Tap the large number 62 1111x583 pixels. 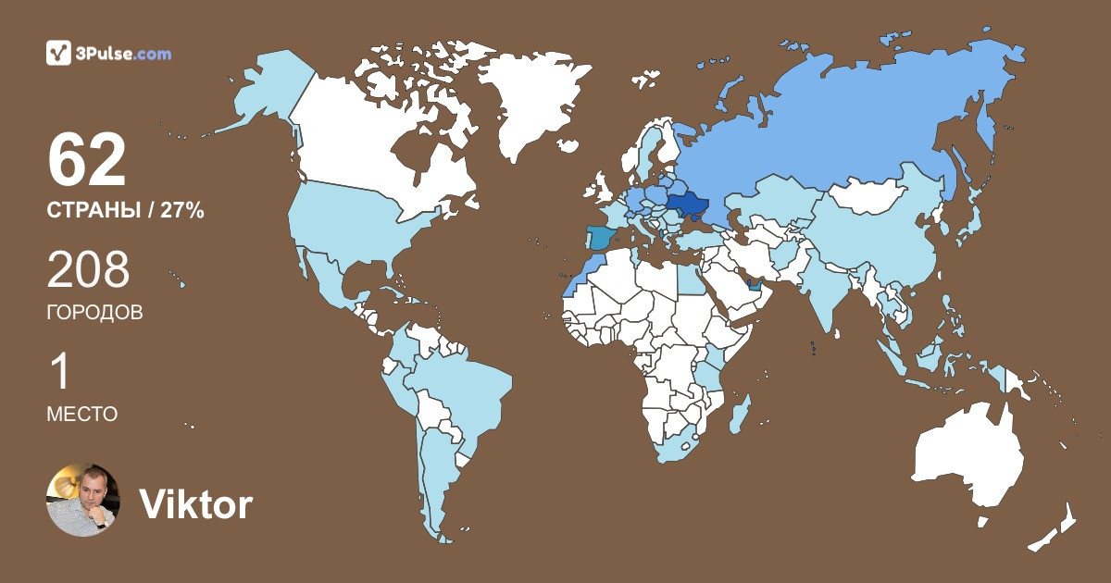pyautogui.click(x=86, y=160)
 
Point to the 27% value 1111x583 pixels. pyautogui.click(x=181, y=210)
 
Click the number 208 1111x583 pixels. pyautogui.click(x=88, y=270)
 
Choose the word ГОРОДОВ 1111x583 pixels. pyautogui.click(x=94, y=313)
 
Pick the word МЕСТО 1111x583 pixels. pyautogui.click(x=81, y=415)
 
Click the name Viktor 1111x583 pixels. pyautogui.click(x=195, y=504)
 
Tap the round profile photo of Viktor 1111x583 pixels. pyautogui.click(x=83, y=500)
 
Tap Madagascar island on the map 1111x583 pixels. pyautogui.click(x=739, y=414)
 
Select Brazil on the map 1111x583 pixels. pyautogui.click(x=463, y=389)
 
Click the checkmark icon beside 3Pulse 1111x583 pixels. pyautogui.click(x=58, y=54)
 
